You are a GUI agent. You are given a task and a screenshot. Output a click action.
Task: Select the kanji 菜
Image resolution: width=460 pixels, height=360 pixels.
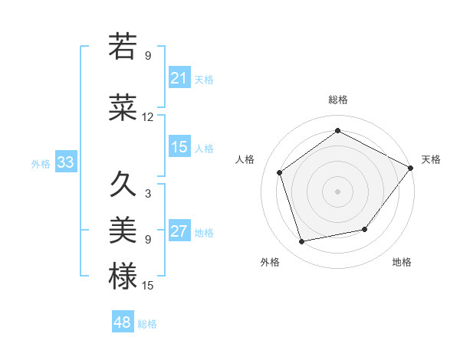tap(123, 108)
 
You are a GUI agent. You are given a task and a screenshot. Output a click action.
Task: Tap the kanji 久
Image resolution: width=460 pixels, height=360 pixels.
tap(123, 185)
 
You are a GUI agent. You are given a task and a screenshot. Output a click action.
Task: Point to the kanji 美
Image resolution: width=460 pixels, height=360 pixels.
tap(123, 230)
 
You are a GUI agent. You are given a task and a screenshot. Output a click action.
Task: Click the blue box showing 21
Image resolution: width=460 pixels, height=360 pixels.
tap(179, 78)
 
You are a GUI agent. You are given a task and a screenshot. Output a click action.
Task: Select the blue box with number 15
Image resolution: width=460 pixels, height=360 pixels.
tap(179, 147)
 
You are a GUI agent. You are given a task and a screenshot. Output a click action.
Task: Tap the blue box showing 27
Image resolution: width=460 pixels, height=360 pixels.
tap(179, 232)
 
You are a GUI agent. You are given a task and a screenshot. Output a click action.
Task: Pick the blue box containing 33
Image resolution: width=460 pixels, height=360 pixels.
tap(65, 162)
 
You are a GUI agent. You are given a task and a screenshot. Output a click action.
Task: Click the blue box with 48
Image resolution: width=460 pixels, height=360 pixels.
tap(123, 322)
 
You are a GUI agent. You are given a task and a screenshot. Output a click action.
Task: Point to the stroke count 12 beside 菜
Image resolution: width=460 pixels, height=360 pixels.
tap(148, 117)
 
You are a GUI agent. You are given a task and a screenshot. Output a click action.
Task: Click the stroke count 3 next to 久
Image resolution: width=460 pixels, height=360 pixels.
tap(148, 193)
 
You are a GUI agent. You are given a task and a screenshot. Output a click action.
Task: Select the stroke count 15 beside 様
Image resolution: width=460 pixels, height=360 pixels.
tap(148, 285)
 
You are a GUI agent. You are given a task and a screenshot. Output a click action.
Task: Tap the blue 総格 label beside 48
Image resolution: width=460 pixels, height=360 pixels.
tap(147, 324)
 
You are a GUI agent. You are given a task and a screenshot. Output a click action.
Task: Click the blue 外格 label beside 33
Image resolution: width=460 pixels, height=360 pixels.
tap(41, 163)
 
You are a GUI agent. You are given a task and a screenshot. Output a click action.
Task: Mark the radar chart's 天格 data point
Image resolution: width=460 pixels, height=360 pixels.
tap(411, 168)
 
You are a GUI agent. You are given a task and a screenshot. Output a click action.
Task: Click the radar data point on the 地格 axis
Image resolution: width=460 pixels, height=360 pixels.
tap(365, 229)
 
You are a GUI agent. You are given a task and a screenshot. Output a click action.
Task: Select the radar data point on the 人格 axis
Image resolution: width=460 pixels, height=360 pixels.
tap(280, 173)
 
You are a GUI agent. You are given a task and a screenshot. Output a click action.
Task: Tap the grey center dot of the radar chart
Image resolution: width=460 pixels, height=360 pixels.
tap(337, 191)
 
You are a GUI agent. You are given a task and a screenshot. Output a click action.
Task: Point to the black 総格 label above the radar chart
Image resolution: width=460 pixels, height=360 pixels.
tap(337, 100)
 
